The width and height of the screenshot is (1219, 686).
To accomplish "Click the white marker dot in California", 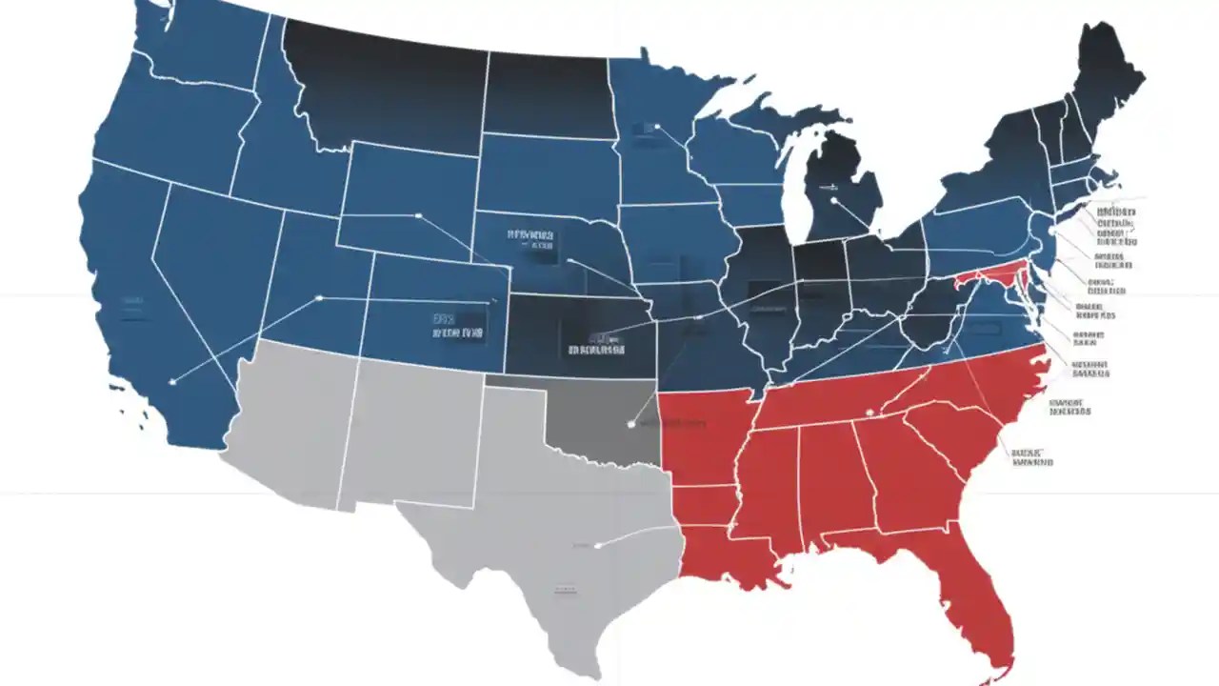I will (172, 382).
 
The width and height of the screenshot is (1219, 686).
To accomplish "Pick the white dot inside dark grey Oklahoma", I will (630, 424).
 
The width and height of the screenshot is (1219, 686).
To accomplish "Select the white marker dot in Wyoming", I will (418, 215).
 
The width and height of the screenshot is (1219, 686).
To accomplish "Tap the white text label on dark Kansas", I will (596, 344).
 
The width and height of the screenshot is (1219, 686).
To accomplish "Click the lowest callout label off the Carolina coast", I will (1032, 456).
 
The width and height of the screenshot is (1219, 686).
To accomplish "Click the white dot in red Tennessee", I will (869, 412).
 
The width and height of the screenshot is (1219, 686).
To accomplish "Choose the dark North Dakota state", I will (548, 95).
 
